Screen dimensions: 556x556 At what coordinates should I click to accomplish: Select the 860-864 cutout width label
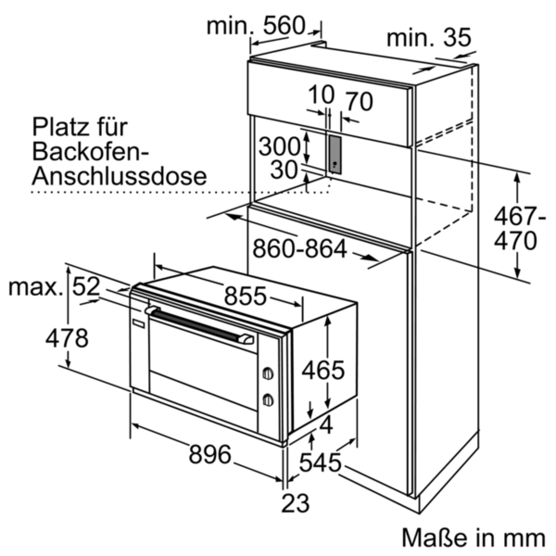click(300, 250)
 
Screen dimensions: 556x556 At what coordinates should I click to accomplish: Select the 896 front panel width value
click(209, 454)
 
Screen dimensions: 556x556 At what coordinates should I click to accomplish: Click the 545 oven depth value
click(320, 462)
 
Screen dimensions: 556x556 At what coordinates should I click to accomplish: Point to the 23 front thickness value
click(296, 502)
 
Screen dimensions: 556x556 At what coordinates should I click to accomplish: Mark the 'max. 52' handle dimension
click(54, 288)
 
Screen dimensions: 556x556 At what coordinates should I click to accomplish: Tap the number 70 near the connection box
click(358, 101)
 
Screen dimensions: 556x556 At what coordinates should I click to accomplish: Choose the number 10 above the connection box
click(321, 95)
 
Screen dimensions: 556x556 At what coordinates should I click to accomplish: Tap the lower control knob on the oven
click(267, 399)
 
